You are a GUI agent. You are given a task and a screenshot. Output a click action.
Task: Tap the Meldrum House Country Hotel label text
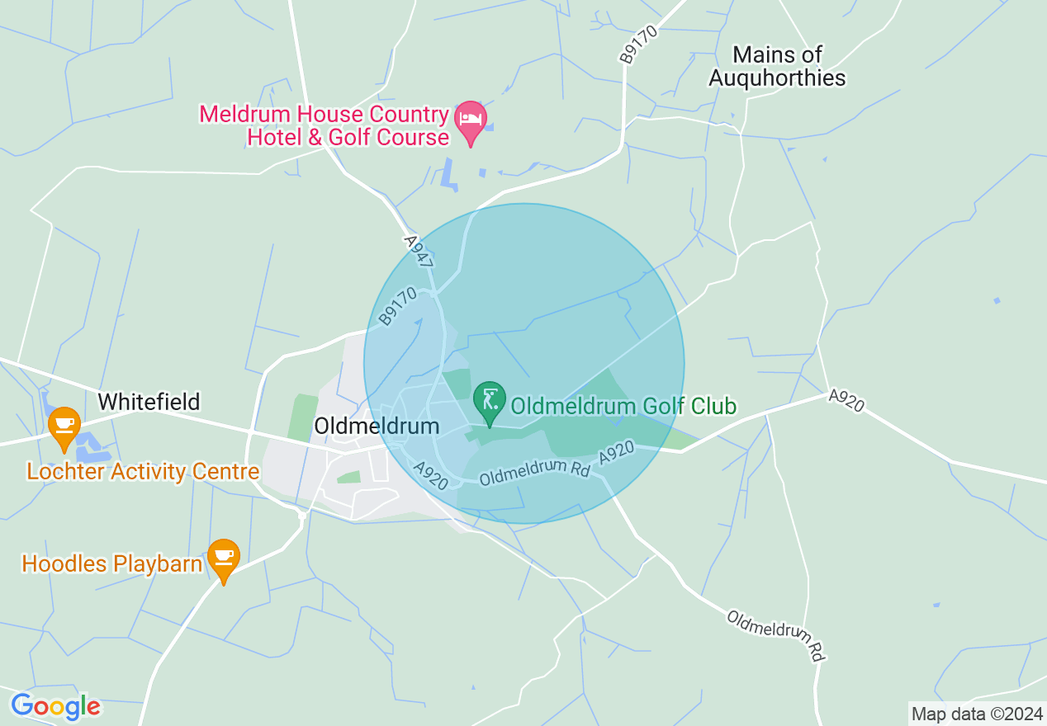(324, 125)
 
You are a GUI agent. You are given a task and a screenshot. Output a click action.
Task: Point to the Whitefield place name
(149, 402)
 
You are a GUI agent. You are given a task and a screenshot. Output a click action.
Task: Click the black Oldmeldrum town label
(376, 426)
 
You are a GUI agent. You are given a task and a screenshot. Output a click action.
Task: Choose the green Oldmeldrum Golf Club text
(623, 406)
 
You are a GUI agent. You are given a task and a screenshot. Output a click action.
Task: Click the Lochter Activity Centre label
(143, 472)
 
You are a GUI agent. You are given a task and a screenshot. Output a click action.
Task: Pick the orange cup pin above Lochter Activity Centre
(64, 427)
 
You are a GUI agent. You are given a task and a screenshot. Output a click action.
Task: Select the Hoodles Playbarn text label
(111, 564)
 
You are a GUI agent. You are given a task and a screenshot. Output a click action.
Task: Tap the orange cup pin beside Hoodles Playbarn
(223, 559)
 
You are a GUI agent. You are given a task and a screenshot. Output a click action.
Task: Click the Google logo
(55, 706)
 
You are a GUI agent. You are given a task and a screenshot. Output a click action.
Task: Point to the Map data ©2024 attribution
(975, 714)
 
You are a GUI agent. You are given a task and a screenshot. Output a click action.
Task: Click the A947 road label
(418, 250)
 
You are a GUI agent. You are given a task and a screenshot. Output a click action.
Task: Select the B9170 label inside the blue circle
(398, 306)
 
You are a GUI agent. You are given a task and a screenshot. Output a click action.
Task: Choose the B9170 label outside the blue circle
(632, 45)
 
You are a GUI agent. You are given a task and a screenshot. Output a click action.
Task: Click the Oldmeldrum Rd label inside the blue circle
(534, 471)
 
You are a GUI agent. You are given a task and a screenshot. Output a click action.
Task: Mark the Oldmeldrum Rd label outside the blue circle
(775, 634)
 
